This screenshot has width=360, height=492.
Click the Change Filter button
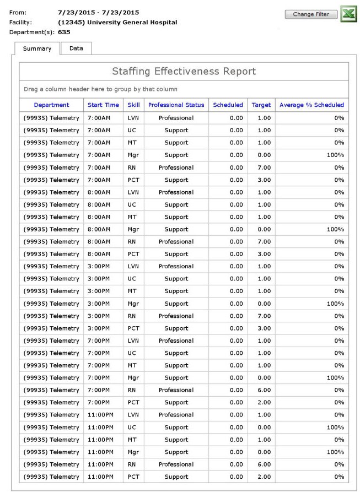311,14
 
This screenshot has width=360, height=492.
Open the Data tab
76,48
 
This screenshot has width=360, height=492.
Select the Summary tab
37,48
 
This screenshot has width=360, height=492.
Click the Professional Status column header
176,105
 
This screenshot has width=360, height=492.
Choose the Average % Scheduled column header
312,105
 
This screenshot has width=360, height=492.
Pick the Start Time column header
103,105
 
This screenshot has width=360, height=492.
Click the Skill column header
133,105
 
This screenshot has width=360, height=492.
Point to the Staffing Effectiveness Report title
184,72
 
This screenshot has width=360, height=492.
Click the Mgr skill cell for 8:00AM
133,228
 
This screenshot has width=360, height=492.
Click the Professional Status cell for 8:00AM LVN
176,192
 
